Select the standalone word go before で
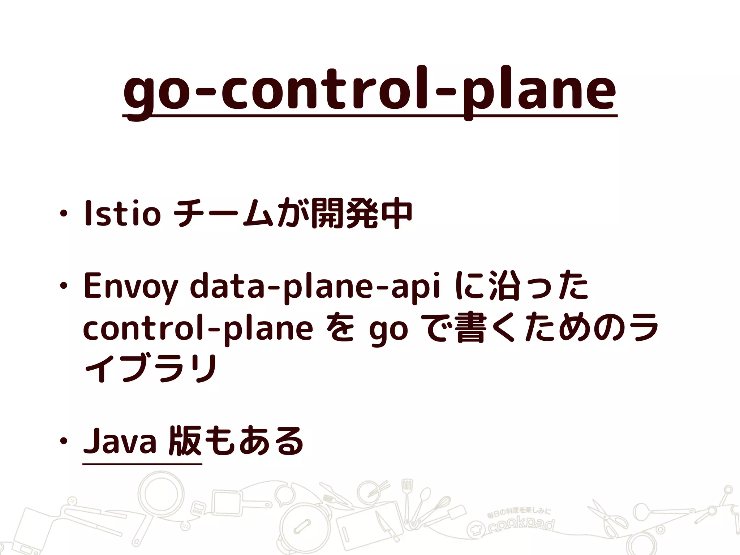tap(388, 330)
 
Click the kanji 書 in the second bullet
tap(470, 330)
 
